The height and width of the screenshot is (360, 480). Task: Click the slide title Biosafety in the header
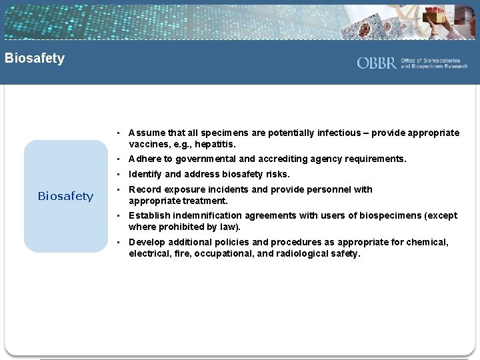[x=35, y=58]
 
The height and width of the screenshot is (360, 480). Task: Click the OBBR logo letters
[x=377, y=63]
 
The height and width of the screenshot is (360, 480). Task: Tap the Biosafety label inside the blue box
[x=65, y=196]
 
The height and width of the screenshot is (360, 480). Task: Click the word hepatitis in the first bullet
[x=215, y=144]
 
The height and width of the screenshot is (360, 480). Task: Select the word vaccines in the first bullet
[x=149, y=144]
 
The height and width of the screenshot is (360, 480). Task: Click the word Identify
[x=145, y=175]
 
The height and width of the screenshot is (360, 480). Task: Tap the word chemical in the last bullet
[x=427, y=243]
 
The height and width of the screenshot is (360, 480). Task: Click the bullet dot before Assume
[x=117, y=133]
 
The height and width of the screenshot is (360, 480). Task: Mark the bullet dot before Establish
[x=117, y=216]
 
